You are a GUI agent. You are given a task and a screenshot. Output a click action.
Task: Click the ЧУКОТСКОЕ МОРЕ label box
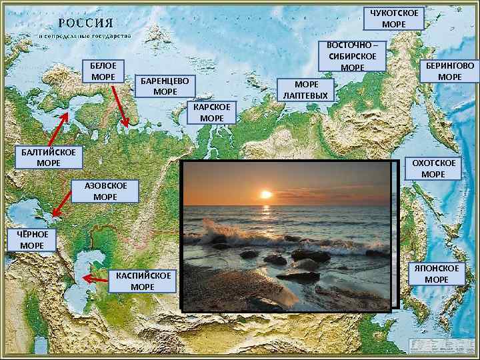point(396,19)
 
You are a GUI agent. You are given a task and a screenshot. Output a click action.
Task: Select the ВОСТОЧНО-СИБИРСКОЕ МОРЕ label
point(352,56)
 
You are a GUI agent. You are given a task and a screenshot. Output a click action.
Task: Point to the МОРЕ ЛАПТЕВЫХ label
point(305,90)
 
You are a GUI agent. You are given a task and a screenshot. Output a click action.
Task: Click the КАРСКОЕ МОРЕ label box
point(211,112)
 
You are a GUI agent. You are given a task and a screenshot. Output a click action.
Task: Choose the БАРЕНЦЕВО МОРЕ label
point(165,85)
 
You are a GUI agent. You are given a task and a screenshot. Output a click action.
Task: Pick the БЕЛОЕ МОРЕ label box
point(103,71)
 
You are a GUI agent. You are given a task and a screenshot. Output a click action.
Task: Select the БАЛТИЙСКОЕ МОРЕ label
point(48,157)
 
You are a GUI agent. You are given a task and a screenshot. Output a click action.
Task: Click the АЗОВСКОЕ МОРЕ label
point(105,191)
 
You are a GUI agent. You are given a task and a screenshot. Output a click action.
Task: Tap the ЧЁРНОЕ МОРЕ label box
point(32,241)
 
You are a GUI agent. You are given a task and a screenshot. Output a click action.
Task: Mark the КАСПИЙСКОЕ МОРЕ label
point(142,281)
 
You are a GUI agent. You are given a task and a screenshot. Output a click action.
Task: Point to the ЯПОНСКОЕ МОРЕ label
point(436,273)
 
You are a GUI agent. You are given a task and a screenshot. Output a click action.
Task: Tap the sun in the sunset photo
point(266,194)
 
